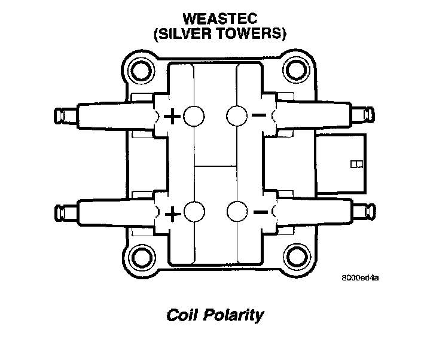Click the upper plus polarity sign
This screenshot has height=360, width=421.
pyautogui.click(x=172, y=116)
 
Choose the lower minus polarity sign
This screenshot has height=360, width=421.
pyautogui.click(x=260, y=212)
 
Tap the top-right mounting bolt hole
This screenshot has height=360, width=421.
pyautogui.click(x=295, y=71)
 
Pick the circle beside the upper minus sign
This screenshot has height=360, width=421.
pyautogui.click(x=237, y=115)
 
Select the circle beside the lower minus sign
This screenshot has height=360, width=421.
pyautogui.click(x=237, y=212)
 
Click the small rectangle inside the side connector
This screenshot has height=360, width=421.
pyautogui.click(x=355, y=163)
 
